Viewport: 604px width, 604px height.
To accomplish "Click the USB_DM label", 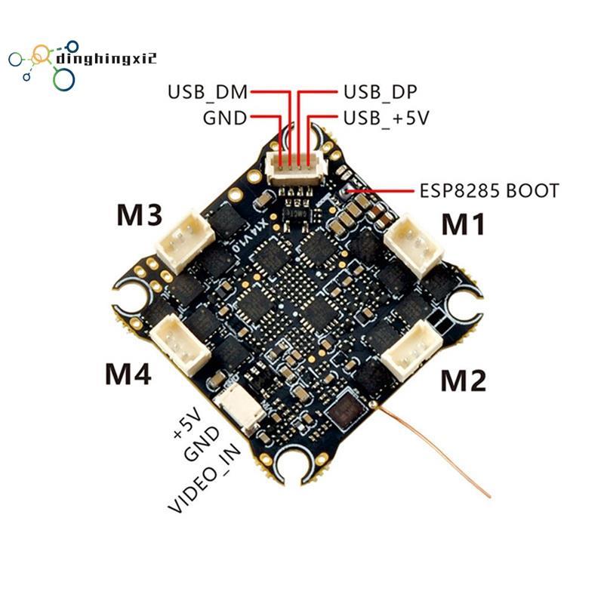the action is click(208, 92).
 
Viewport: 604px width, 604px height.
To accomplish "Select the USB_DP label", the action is click(381, 92).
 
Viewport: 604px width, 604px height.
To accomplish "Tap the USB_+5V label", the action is click(386, 118).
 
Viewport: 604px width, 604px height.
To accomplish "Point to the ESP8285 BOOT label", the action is click(488, 191).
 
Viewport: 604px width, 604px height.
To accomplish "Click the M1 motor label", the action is click(464, 224).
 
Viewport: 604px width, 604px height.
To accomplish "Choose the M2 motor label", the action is click(463, 381).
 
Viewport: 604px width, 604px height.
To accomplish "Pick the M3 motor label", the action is click(140, 215).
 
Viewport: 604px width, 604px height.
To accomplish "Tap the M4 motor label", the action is click(128, 374).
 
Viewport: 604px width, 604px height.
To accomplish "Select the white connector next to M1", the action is click(413, 245).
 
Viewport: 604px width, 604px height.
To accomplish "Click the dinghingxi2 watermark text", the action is click(106, 59).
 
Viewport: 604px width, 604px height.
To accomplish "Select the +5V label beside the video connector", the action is click(187, 424).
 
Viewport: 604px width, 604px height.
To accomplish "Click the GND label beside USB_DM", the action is click(224, 118).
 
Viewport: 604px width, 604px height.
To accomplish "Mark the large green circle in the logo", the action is click(63, 79).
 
